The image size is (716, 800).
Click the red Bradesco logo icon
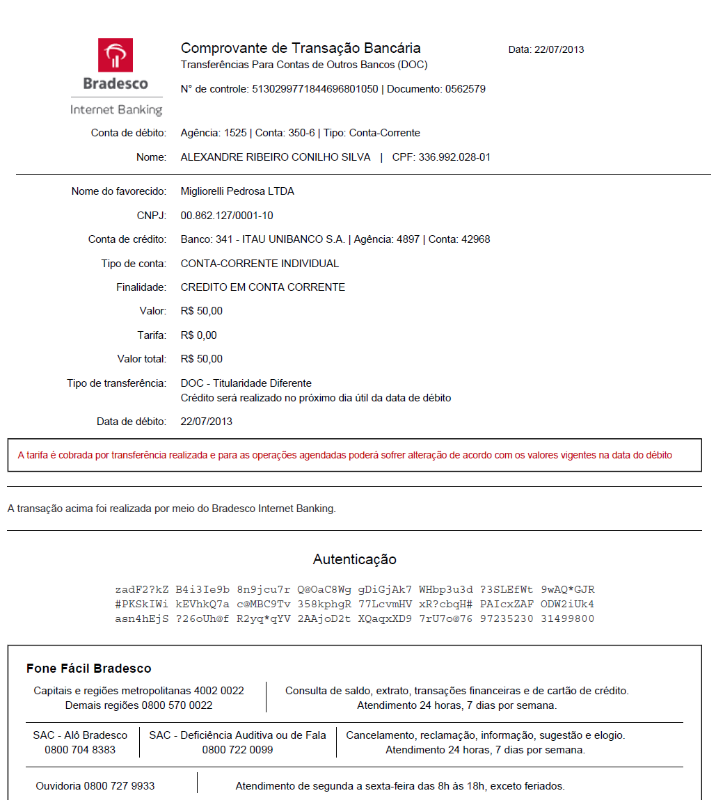pos(116,56)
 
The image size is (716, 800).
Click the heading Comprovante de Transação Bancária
pos(301,48)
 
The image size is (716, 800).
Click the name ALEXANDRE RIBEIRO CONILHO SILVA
pos(276,157)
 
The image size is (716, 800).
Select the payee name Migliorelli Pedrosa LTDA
pos(237,191)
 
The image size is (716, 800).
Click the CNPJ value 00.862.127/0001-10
pos(227,216)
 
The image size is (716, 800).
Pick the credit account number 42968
pos(475,239)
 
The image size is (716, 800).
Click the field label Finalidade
pos(141,287)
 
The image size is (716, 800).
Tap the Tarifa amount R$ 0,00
pos(199,335)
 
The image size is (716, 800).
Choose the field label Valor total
pos(142,359)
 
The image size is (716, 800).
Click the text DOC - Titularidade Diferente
pos(246,383)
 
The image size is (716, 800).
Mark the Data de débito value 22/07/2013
pos(207,422)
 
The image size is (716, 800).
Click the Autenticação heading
pos(355,559)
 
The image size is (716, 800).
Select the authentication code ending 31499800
pos(567,618)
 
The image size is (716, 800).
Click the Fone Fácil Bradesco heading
pos(89,669)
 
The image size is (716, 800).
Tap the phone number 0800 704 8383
pos(80,750)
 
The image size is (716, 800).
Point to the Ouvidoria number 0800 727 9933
pos(119,786)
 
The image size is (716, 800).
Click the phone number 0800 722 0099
pos(237,750)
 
